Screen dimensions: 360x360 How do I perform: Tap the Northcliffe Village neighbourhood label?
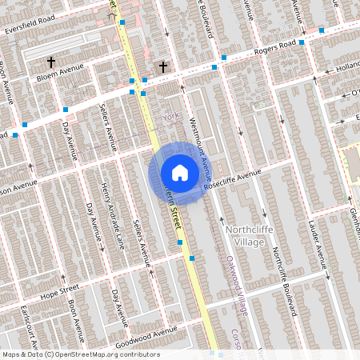[254, 236]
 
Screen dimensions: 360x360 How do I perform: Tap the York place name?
[168, 117]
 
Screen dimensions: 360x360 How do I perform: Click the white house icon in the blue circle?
[180, 173]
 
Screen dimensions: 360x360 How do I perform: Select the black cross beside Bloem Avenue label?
[51, 62]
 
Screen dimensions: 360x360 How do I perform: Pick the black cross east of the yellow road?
[164, 67]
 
